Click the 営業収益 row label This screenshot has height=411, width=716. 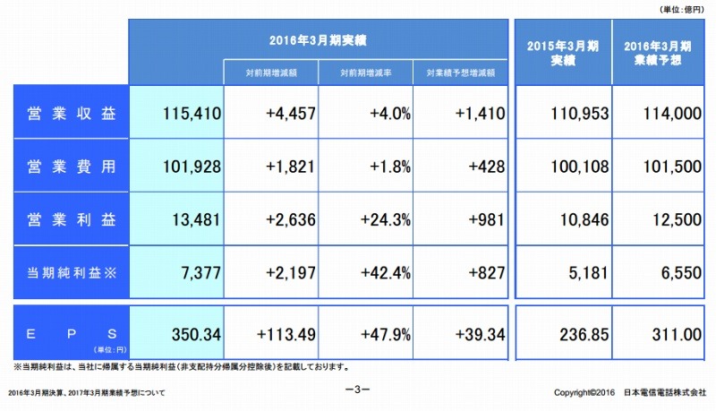click(x=72, y=113)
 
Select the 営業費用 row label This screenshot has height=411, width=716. click(x=72, y=167)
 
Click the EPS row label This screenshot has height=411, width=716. click(x=72, y=334)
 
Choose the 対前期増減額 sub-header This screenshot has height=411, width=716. click(x=271, y=72)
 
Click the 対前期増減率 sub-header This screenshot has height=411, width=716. click(x=367, y=72)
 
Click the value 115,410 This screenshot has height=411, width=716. click(x=193, y=114)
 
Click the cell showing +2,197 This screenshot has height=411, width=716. click(x=287, y=272)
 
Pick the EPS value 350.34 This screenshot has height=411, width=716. click(x=192, y=334)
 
